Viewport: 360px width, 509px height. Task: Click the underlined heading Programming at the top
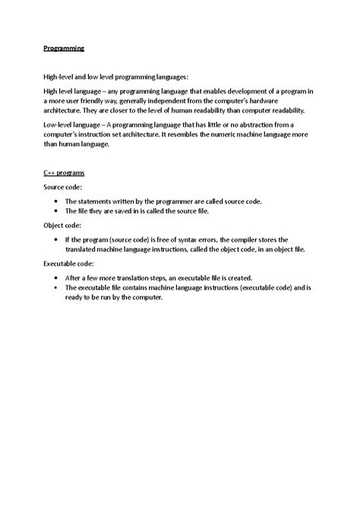click(62, 49)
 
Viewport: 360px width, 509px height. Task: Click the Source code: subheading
click(63, 186)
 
